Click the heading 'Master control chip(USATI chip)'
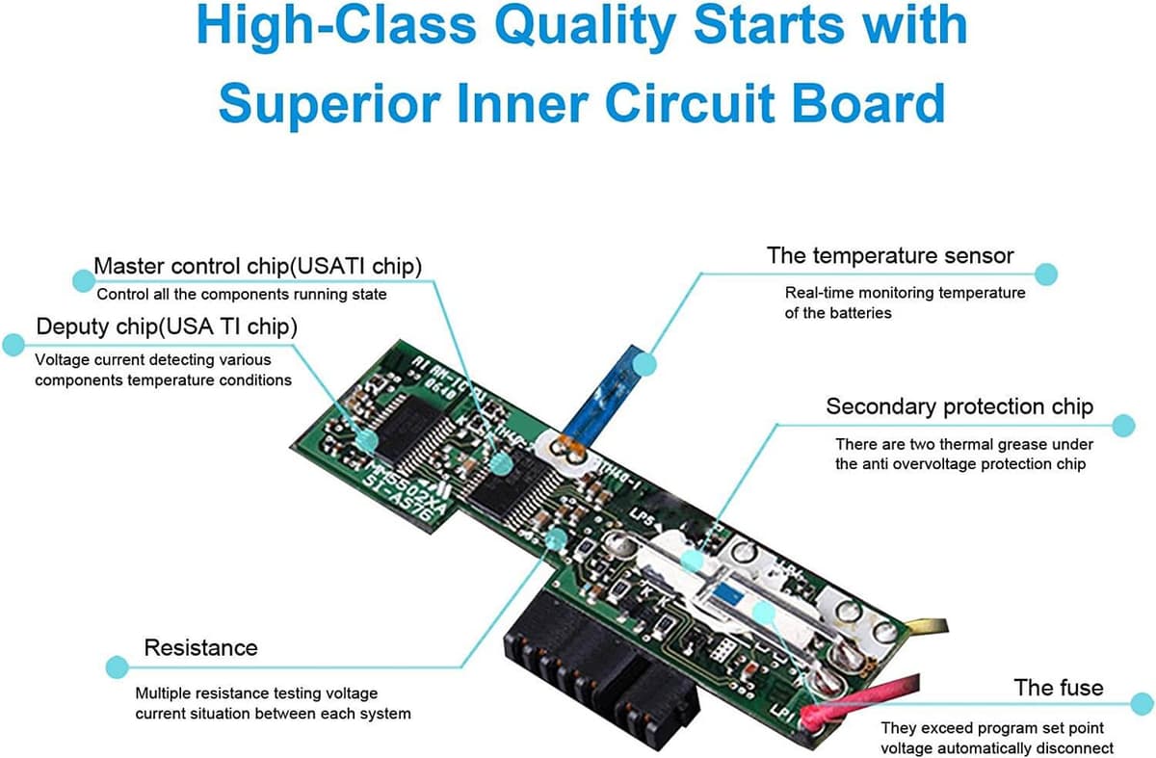(257, 266)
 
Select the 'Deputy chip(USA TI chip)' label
(167, 327)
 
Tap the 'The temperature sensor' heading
(890, 256)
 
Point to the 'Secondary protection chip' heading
(959, 406)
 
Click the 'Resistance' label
(200, 647)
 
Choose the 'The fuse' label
(1058, 688)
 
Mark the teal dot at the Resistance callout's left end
(117, 667)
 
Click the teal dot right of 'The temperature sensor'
(1046, 274)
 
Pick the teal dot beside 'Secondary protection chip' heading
(1123, 425)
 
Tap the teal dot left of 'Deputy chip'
(13, 345)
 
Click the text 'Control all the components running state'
(242, 294)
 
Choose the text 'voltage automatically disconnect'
(997, 748)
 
